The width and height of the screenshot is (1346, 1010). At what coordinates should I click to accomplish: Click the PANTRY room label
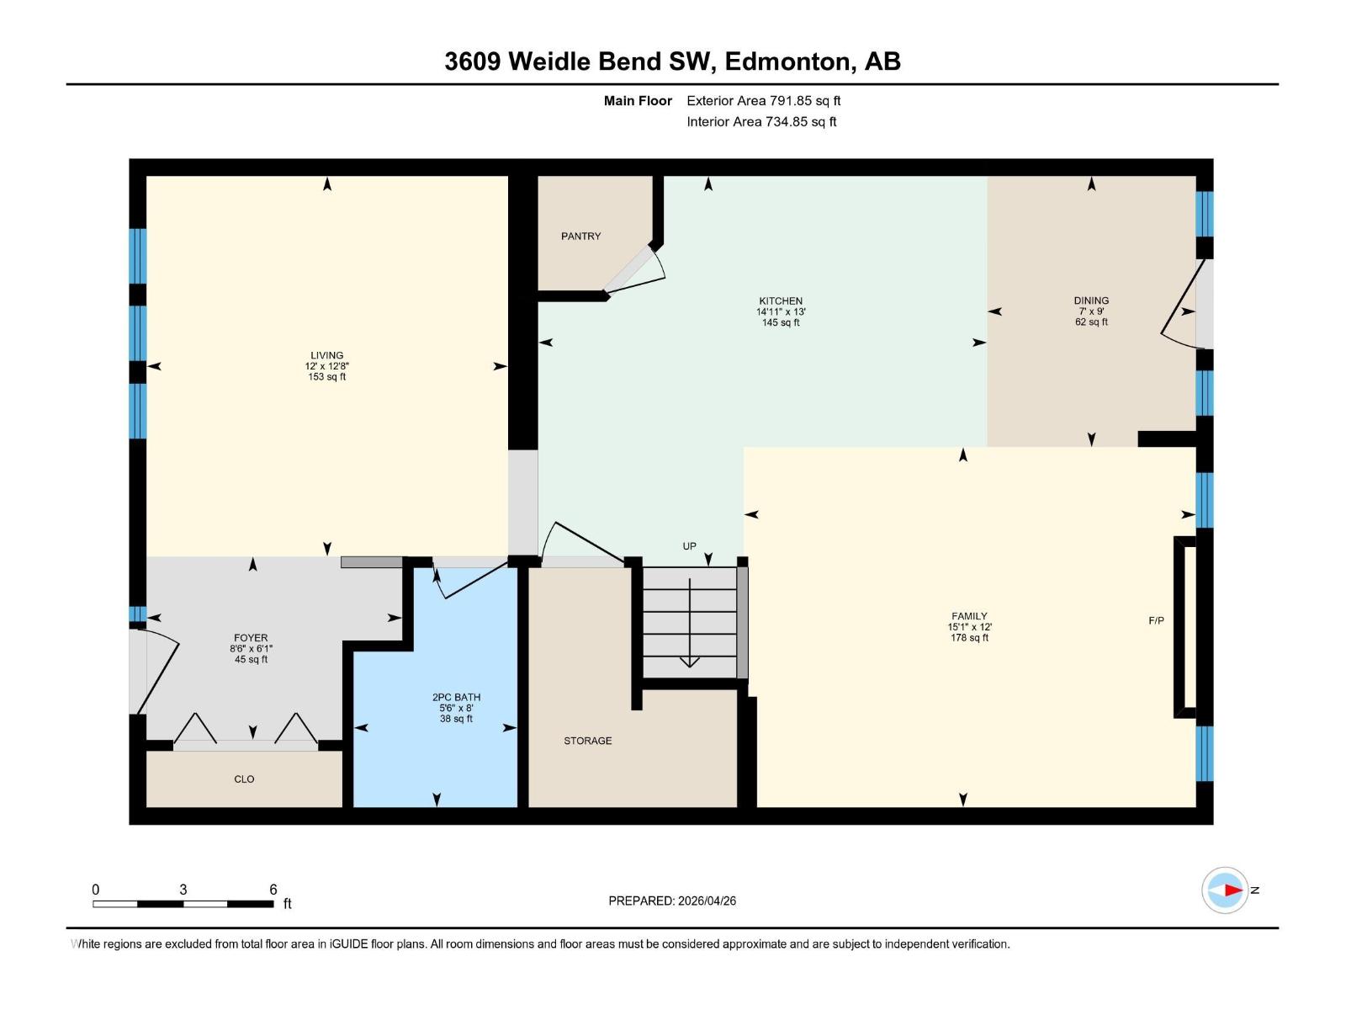(580, 237)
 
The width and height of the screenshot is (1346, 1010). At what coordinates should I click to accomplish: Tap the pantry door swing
(638, 268)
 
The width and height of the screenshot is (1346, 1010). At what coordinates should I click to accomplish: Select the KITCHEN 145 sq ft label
(781, 323)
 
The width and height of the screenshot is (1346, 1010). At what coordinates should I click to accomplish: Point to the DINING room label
(1091, 300)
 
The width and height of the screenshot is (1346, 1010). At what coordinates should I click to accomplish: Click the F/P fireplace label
(1156, 621)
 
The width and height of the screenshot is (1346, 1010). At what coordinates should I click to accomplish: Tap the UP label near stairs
(689, 546)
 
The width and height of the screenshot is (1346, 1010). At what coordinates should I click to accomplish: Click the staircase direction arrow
(690, 623)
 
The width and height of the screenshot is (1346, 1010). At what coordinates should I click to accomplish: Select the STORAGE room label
(587, 741)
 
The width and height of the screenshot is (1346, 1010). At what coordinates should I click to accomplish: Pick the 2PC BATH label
(456, 697)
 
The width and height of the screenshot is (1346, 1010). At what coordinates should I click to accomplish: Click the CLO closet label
(244, 779)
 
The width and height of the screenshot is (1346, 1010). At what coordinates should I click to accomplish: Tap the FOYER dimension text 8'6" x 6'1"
(251, 649)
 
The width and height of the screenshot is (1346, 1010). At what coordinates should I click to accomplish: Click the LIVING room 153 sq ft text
(326, 377)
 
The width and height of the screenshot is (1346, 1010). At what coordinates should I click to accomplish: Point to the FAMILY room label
(969, 616)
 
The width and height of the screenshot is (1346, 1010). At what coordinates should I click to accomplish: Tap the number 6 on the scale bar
(273, 890)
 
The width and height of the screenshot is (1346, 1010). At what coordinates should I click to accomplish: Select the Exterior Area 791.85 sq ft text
(763, 101)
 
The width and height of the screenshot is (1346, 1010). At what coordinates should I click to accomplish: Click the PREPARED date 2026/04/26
(705, 901)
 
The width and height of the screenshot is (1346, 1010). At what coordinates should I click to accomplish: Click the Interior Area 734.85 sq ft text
(761, 122)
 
